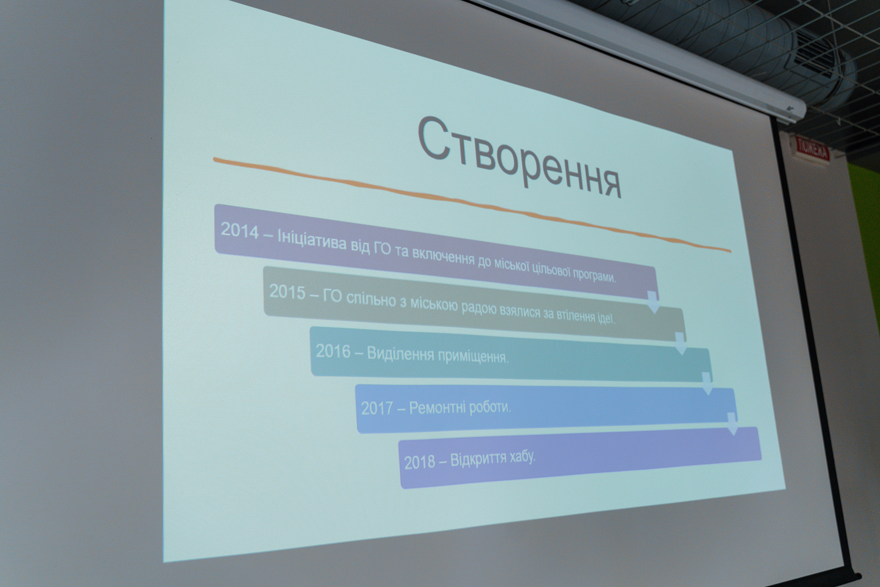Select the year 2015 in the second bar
(287, 292)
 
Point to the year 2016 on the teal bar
(333, 351)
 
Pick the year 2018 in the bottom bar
(419, 462)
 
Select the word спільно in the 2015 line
(370, 300)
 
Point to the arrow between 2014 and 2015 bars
(653, 302)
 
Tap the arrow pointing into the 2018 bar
(732, 424)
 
